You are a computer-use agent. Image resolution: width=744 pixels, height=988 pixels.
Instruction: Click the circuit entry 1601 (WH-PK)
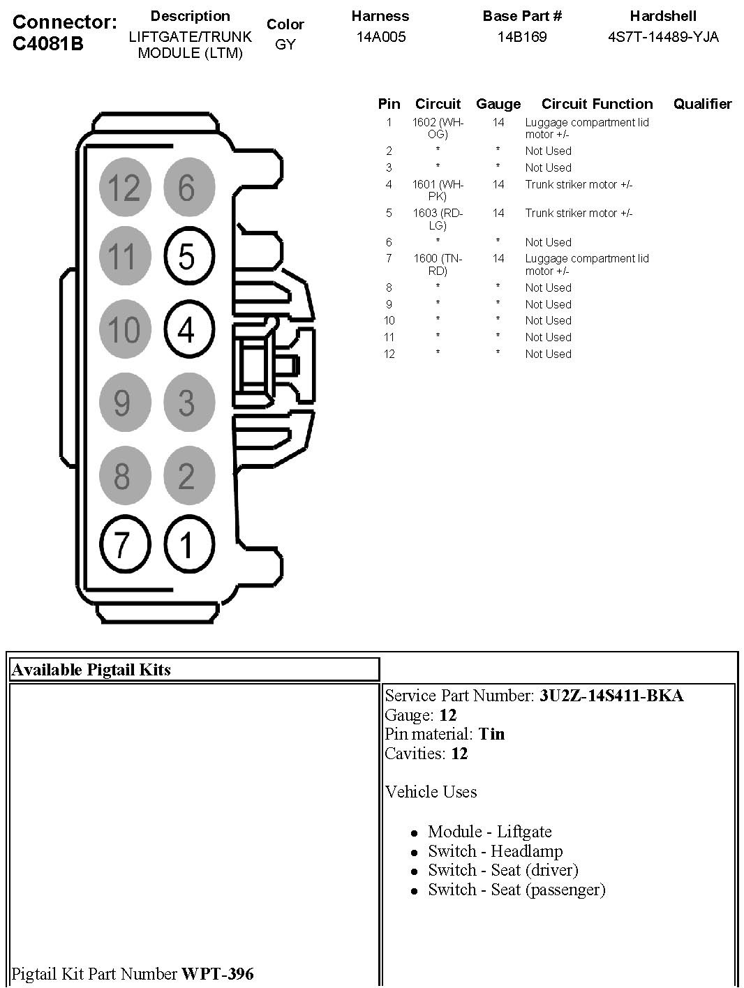tap(438, 190)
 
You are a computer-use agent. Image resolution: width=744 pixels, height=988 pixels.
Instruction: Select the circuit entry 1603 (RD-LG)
tap(438, 219)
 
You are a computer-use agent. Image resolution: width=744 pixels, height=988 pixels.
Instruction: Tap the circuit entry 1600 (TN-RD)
tap(438, 264)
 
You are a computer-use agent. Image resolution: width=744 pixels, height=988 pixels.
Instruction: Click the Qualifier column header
tap(702, 104)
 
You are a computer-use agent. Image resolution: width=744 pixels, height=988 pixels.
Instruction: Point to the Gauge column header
tap(498, 104)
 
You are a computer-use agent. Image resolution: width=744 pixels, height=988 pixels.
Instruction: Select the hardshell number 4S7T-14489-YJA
tap(663, 37)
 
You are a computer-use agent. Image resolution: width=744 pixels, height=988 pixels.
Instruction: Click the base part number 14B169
tap(522, 37)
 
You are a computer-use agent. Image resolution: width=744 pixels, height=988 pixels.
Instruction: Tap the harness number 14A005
tap(380, 37)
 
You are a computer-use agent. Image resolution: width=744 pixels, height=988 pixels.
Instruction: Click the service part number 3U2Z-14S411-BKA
tap(611, 696)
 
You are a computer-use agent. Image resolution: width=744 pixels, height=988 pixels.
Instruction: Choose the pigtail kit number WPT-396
tap(218, 973)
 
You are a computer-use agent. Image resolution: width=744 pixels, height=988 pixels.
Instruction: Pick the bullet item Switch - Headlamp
tap(496, 851)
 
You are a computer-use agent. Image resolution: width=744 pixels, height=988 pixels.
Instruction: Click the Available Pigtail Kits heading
tap(91, 670)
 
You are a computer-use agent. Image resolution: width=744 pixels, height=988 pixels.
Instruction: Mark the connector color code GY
tap(285, 45)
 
